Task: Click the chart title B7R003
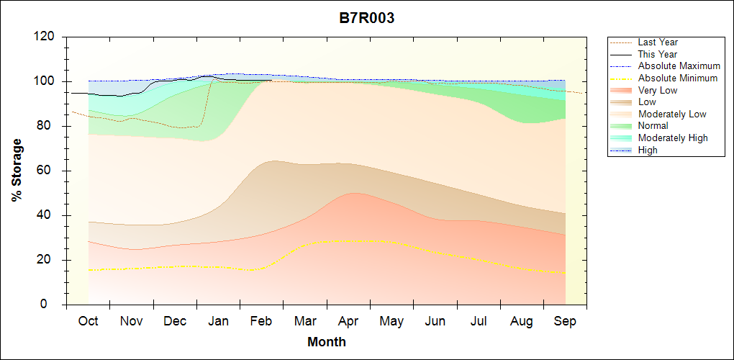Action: point(367,19)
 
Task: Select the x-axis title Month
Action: point(327,342)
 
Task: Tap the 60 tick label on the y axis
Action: point(47,171)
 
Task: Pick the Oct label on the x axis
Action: point(88,321)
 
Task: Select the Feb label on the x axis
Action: point(261,321)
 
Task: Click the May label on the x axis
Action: point(391,321)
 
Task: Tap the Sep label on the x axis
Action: point(565,321)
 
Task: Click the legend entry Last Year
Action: point(658,42)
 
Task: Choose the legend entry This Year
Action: point(658,54)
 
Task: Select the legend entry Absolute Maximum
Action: point(679,66)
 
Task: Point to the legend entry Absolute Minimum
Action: point(678,78)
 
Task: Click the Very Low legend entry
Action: point(658,90)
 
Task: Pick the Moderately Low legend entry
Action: point(672,114)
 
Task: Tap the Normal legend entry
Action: point(653,126)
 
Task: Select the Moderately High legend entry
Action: point(673,138)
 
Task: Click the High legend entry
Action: point(648,150)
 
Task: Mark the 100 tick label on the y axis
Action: point(44,81)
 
